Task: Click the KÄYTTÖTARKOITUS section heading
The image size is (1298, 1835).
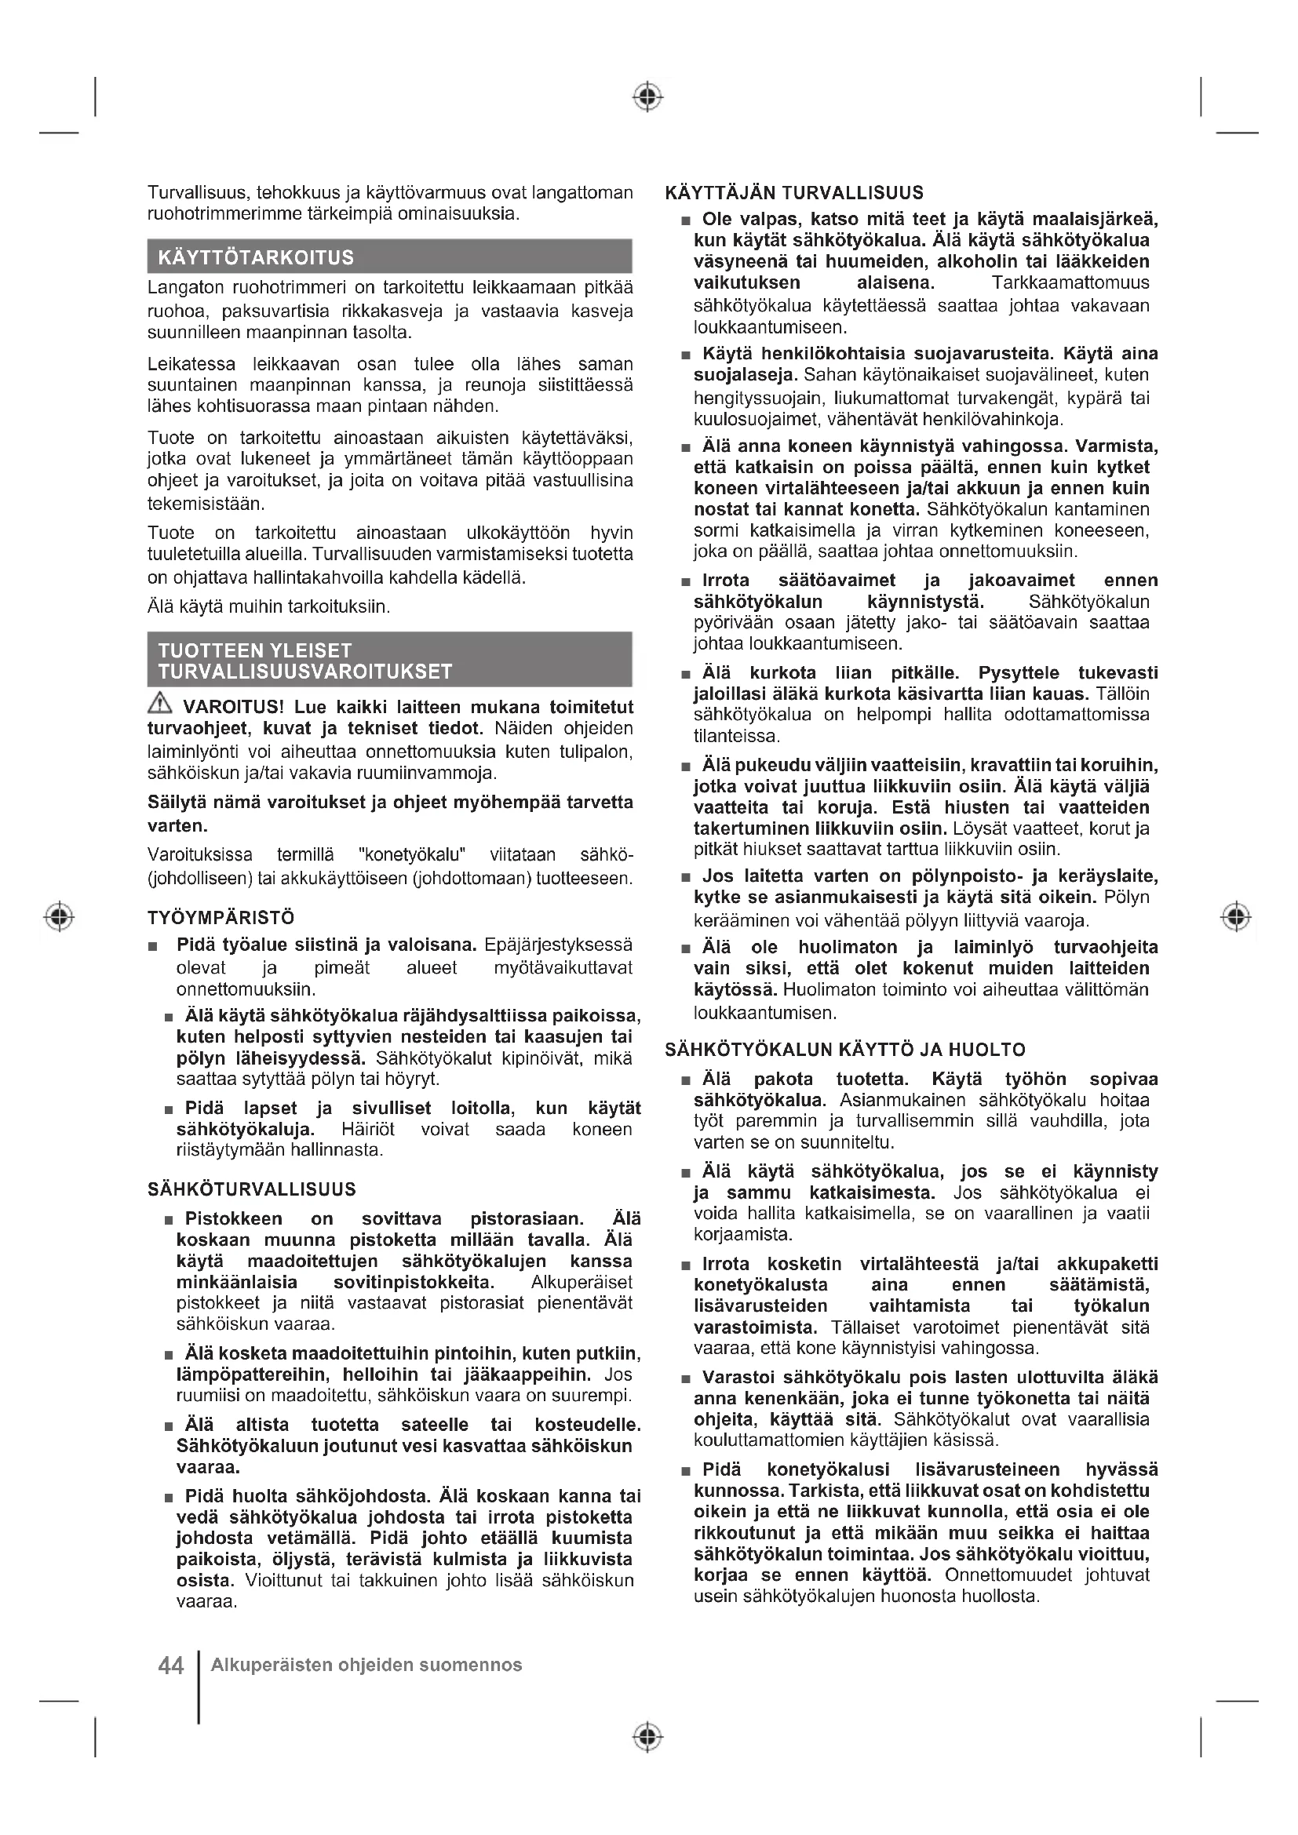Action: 256,257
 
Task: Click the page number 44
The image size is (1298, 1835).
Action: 171,1666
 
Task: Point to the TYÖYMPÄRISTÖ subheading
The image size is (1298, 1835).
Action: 221,918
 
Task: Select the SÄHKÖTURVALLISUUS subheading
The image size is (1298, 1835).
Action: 252,1189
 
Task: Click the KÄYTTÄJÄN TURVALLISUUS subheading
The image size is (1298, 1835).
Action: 793,193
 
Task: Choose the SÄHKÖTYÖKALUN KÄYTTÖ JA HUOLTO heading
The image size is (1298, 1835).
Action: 845,1050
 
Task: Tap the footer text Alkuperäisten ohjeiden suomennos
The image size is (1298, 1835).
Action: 366,1665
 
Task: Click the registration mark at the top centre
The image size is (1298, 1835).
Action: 647,96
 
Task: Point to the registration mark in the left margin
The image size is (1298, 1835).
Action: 59,916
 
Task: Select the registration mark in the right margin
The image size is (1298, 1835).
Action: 1236,916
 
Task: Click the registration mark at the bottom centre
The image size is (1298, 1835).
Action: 647,1737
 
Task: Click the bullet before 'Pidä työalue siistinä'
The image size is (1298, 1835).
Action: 153,947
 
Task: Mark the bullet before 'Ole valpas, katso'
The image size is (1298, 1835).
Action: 685,220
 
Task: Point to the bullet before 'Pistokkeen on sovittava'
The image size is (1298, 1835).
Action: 169,1221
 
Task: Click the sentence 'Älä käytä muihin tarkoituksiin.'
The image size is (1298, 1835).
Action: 268,606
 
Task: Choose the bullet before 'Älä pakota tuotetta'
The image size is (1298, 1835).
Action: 685,1080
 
